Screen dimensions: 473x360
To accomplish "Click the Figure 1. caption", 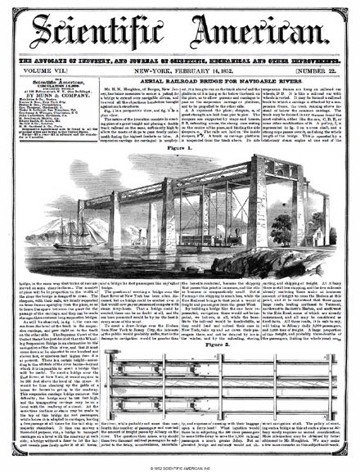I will [x=182, y=147].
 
